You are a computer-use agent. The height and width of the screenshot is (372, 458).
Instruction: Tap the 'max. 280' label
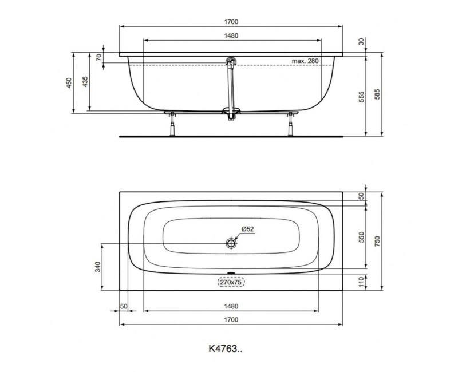[305, 61]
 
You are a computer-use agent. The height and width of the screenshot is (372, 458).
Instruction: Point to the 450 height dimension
[68, 82]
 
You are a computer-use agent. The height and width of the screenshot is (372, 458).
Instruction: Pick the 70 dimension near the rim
[98, 57]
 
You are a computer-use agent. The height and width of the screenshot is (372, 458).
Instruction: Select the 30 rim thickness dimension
[361, 41]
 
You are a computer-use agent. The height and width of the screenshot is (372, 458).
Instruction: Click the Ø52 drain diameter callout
[247, 229]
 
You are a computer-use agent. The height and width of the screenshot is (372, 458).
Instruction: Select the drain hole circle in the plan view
[231, 243]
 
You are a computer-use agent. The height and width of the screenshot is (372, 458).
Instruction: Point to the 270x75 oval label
[231, 282]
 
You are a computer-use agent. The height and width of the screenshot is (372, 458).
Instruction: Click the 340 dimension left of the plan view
[97, 267]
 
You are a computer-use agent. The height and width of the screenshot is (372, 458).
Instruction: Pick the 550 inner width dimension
[361, 238]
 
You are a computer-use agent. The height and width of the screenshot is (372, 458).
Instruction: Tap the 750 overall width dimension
[377, 242]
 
